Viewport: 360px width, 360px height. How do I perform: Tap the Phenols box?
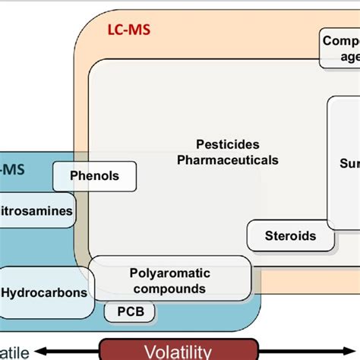(95, 175)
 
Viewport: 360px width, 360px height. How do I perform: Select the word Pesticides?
(227, 144)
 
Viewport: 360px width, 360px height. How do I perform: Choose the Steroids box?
(292, 235)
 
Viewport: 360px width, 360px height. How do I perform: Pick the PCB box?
(125, 311)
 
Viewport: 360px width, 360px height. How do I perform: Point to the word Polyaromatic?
(170, 273)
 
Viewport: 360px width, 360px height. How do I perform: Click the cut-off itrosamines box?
(38, 211)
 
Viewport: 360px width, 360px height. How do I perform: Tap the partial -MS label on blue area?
(13, 169)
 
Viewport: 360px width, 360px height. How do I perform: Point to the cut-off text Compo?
(340, 40)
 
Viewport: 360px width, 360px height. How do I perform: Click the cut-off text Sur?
(348, 162)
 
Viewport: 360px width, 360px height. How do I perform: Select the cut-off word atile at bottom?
(14, 351)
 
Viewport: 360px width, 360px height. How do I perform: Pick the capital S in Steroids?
(270, 235)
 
